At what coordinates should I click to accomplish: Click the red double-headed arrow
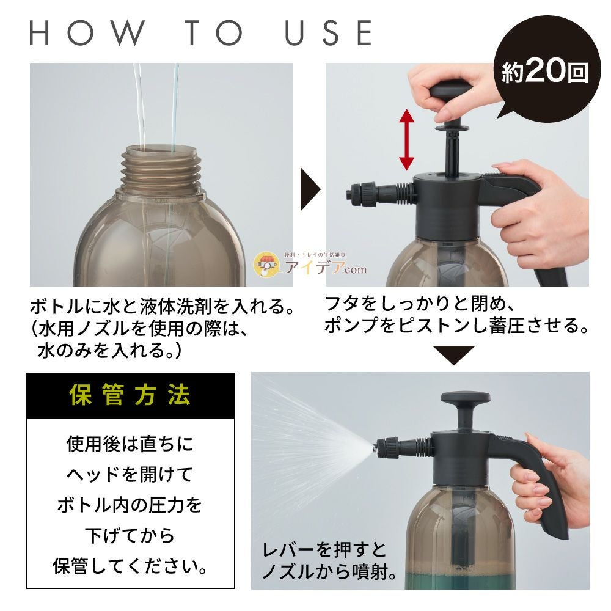point(406,140)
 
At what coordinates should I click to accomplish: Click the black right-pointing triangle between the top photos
point(310,190)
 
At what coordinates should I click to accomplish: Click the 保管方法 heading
point(130,395)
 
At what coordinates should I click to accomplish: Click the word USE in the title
point(329,33)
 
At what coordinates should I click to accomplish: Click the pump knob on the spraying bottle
point(465,399)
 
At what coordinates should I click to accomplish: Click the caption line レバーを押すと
point(324,549)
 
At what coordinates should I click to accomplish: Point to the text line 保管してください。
point(130,566)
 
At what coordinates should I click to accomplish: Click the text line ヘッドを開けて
point(130,474)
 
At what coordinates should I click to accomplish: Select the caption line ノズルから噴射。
point(330,571)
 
